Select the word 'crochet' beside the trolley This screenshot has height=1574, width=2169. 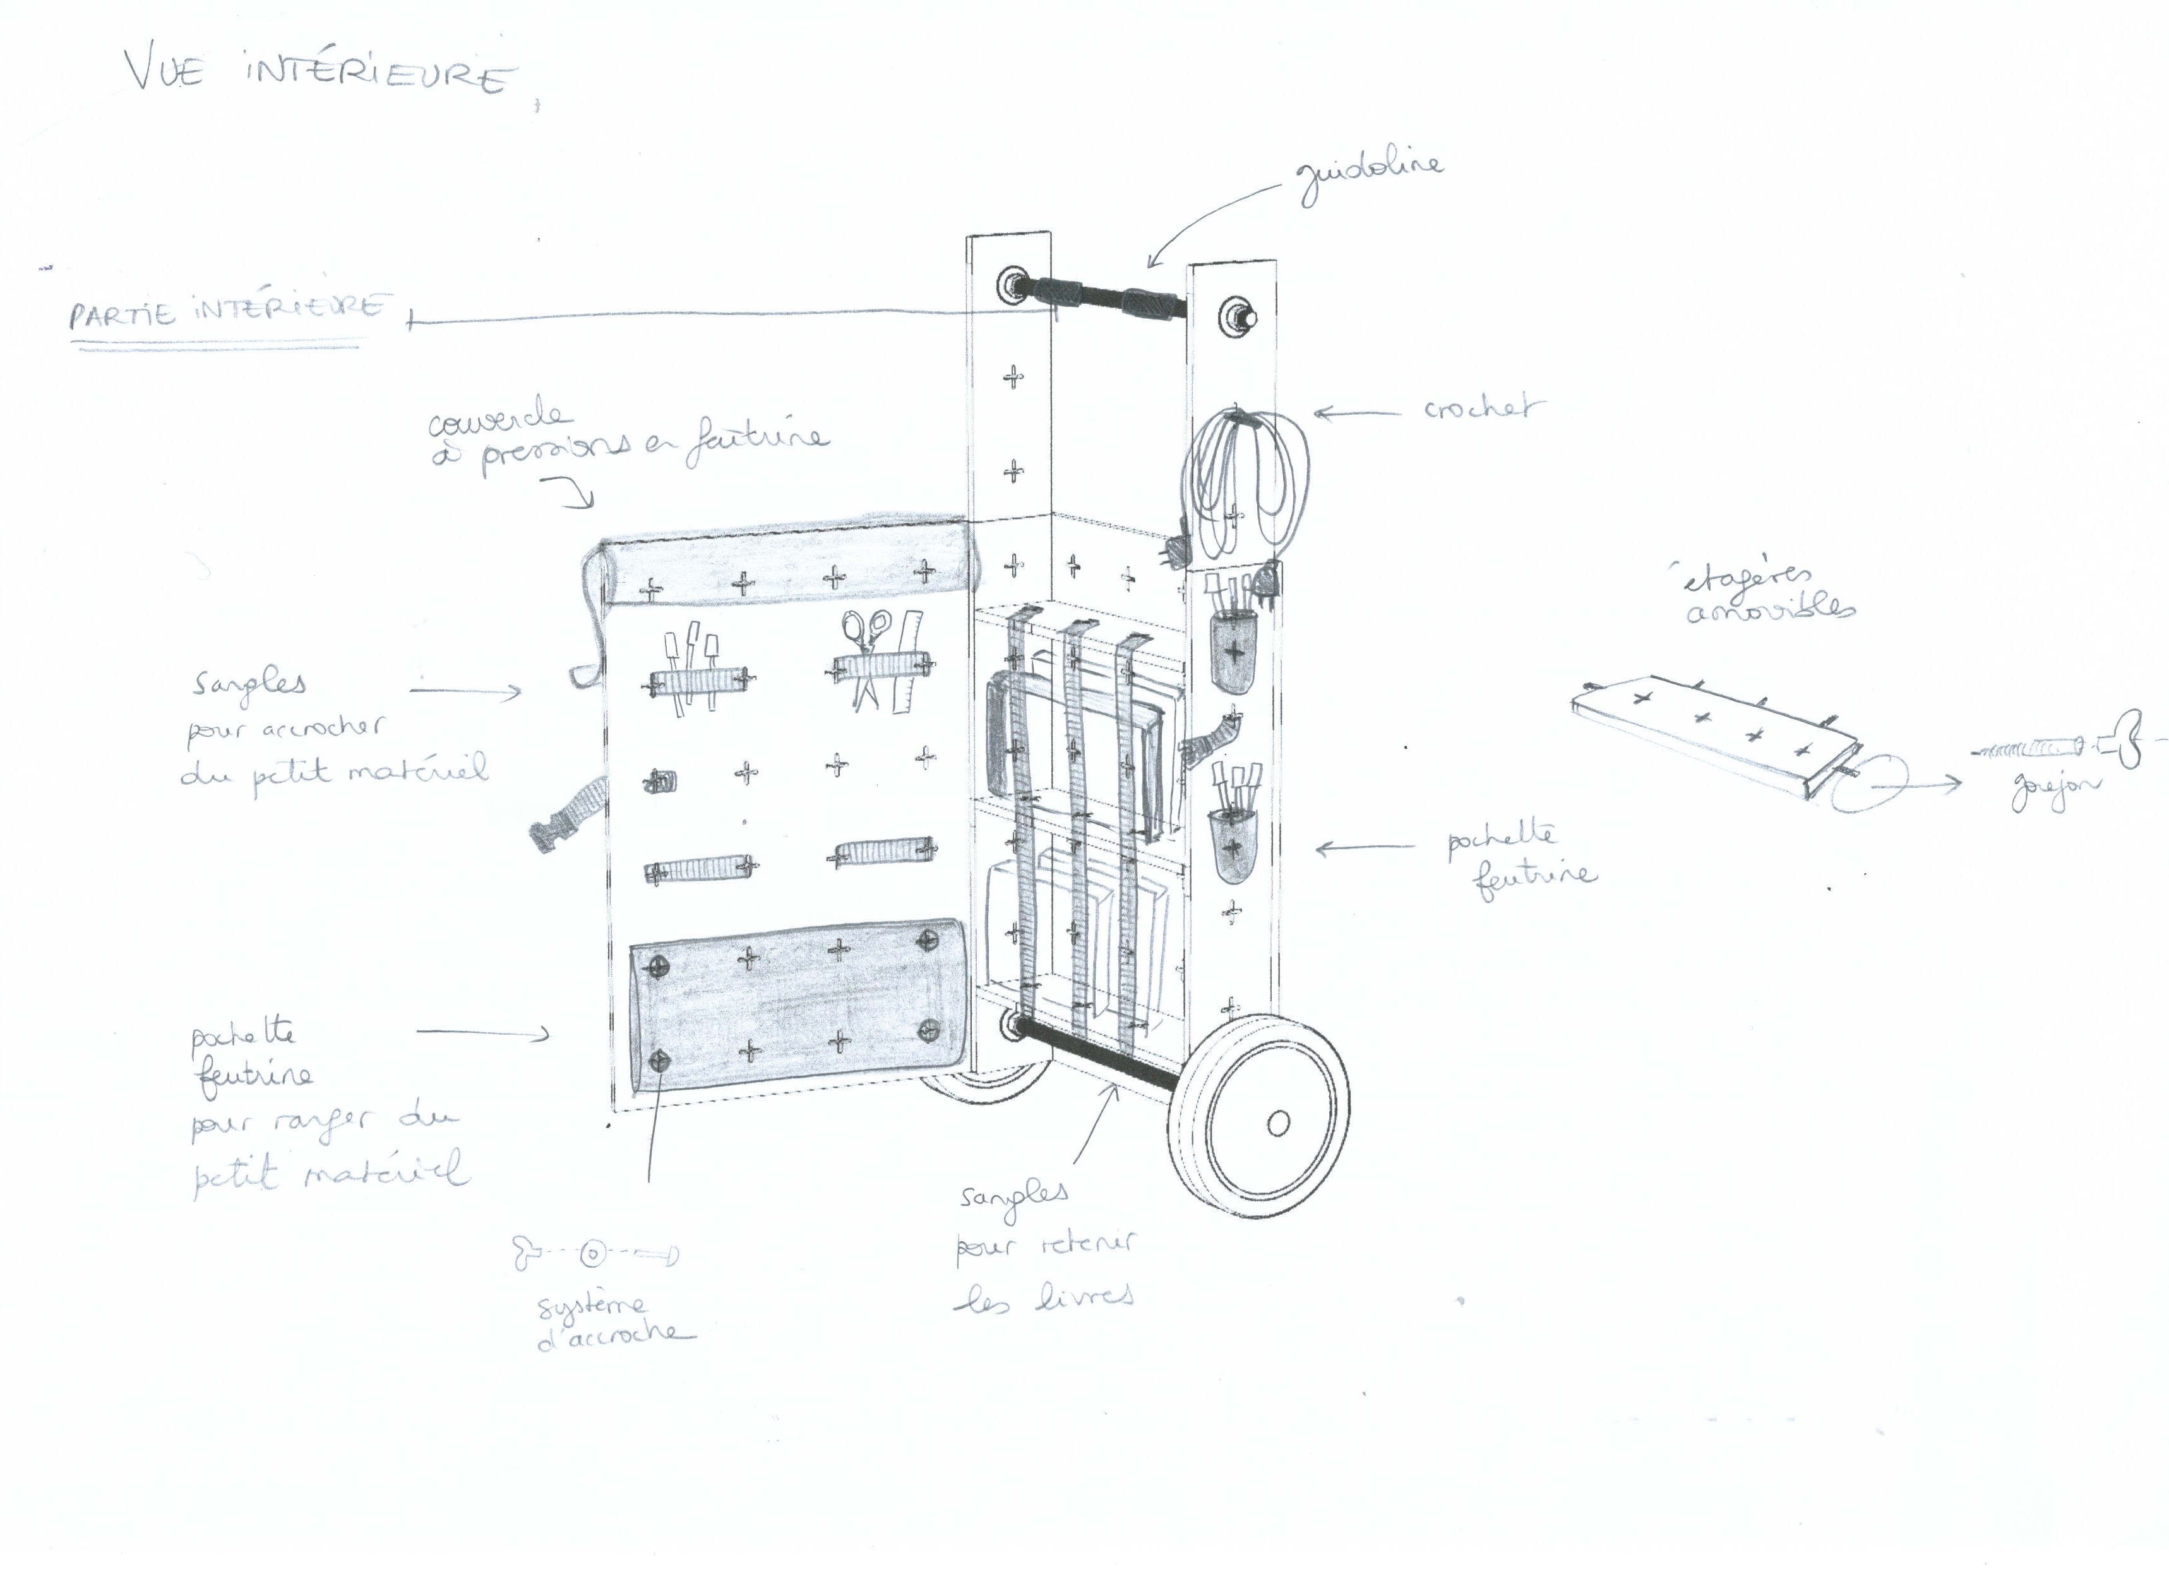1483,409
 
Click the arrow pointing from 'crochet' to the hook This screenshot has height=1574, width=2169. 1358,413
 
